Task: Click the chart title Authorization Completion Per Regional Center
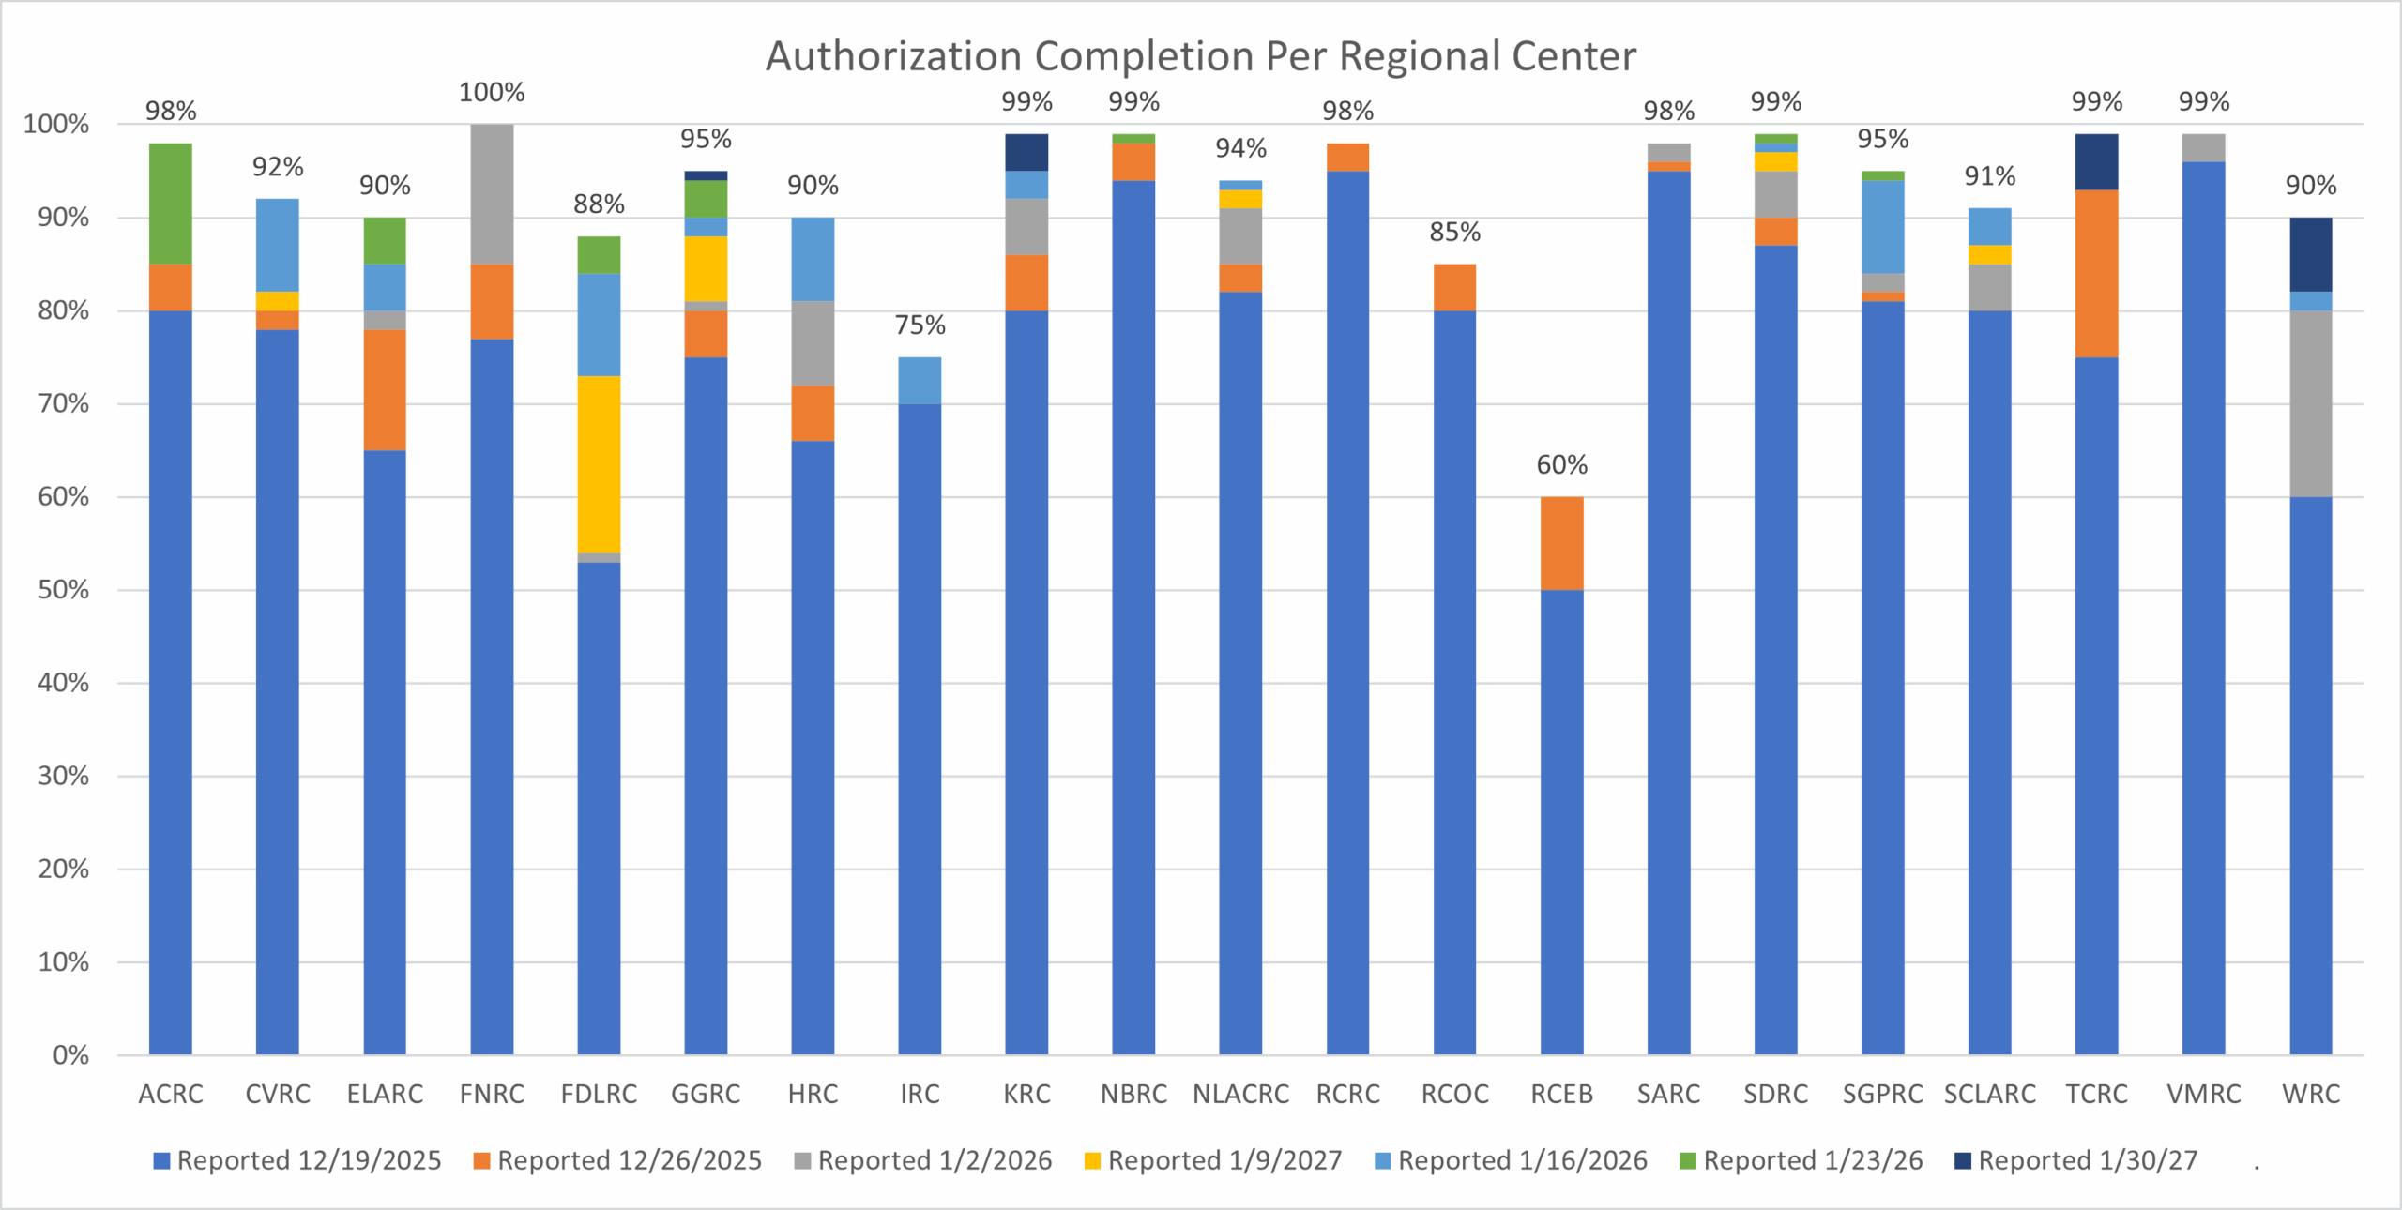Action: [x=1200, y=56]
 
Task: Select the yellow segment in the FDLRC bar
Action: [x=599, y=464]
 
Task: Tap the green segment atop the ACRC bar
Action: [x=171, y=204]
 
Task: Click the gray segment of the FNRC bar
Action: [x=492, y=194]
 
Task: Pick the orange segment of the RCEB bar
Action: [x=1561, y=543]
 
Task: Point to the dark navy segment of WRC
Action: [x=2310, y=254]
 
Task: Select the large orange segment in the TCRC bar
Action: [x=2096, y=273]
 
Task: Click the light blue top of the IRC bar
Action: [x=920, y=380]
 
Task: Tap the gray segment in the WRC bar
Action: [x=2310, y=403]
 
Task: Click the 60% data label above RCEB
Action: [x=1561, y=465]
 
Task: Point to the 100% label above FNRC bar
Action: [x=492, y=93]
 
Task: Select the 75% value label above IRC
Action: [x=920, y=325]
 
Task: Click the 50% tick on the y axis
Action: [x=64, y=590]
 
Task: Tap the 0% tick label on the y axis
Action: [x=70, y=1055]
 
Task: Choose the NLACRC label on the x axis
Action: [x=1240, y=1094]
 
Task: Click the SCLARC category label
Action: [x=1989, y=1094]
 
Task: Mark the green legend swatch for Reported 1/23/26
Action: [x=1688, y=1161]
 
